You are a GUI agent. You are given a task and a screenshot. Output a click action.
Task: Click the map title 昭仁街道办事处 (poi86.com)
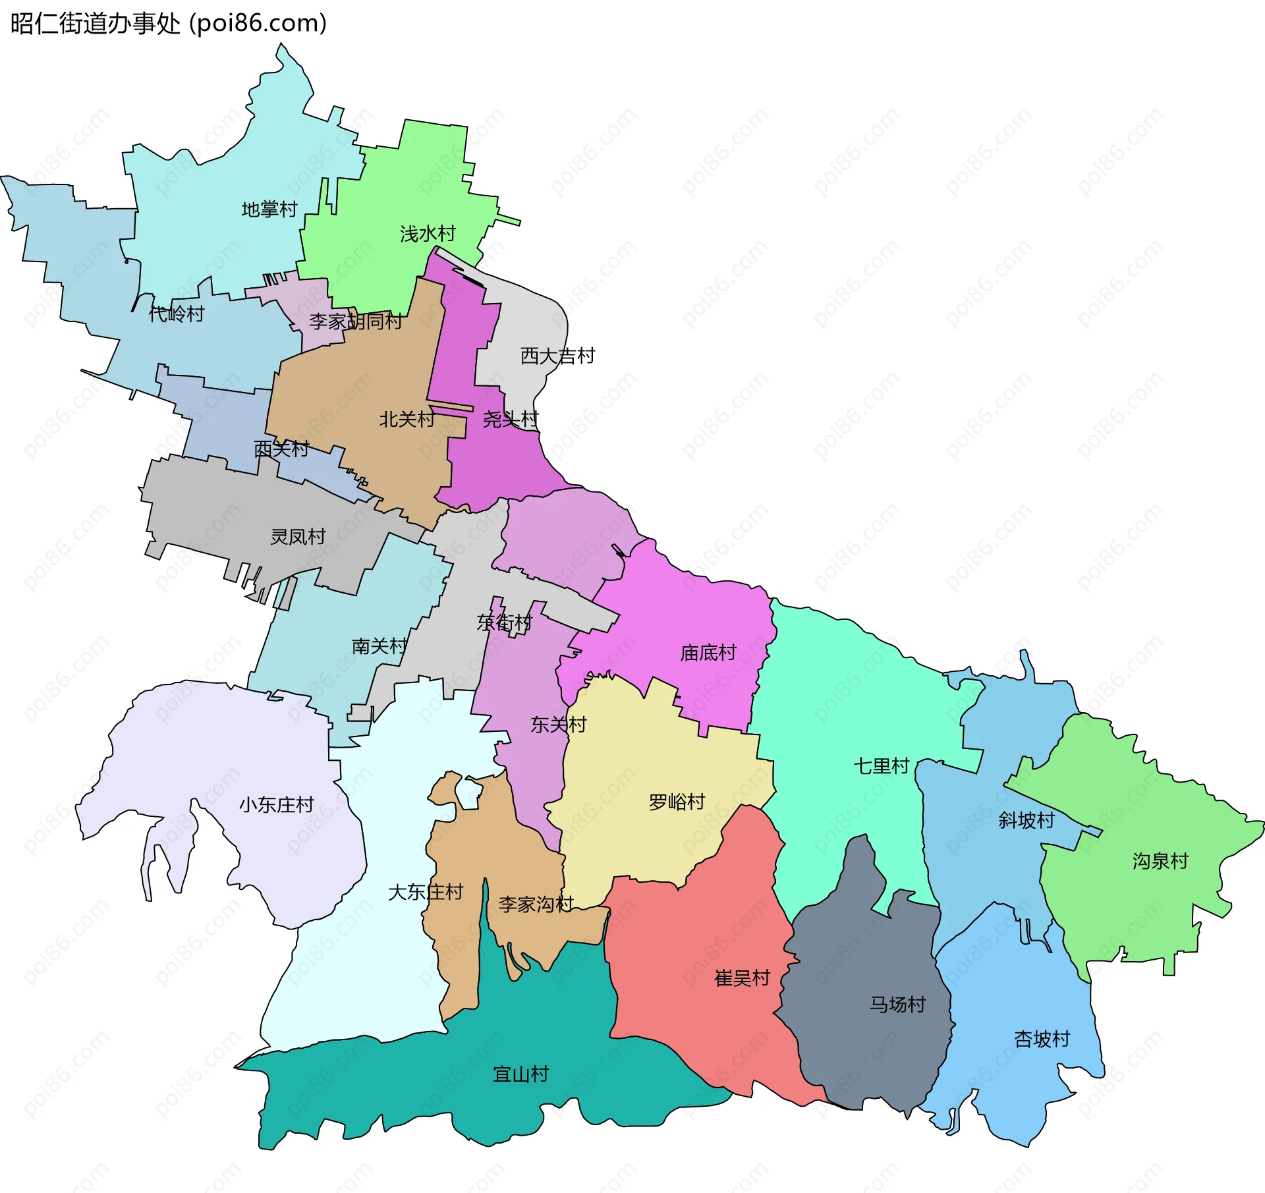pyautogui.click(x=169, y=24)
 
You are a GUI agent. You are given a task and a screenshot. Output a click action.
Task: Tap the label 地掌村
pyautogui.click(x=269, y=209)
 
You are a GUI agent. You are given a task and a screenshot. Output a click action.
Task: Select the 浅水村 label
pyautogui.click(x=428, y=234)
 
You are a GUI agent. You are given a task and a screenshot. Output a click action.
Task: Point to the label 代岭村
pyautogui.click(x=177, y=314)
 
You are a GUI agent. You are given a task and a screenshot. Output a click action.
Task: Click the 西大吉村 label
pyautogui.click(x=557, y=356)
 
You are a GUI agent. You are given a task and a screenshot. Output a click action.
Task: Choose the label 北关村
pyautogui.click(x=407, y=419)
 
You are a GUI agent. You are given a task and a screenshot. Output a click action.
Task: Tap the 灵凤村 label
pyautogui.click(x=298, y=537)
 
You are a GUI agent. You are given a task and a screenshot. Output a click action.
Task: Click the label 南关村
pyautogui.click(x=379, y=646)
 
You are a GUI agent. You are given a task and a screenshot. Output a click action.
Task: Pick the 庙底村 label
pyautogui.click(x=708, y=653)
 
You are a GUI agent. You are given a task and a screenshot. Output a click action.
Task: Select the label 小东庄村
pyautogui.click(x=276, y=805)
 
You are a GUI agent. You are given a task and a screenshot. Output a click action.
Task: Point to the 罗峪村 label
pyautogui.click(x=677, y=802)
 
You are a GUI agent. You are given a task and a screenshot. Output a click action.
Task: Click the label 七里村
pyautogui.click(x=882, y=766)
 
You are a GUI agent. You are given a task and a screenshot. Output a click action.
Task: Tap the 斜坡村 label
pyautogui.click(x=1026, y=820)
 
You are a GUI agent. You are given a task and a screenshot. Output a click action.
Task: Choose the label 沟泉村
pyautogui.click(x=1160, y=861)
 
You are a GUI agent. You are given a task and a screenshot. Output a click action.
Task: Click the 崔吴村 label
pyautogui.click(x=743, y=978)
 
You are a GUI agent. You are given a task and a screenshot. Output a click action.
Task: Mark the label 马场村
pyautogui.click(x=897, y=1005)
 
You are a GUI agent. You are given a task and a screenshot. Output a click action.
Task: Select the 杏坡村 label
pyautogui.click(x=1042, y=1040)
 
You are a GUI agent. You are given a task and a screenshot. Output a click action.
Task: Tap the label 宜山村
pyautogui.click(x=520, y=1074)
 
